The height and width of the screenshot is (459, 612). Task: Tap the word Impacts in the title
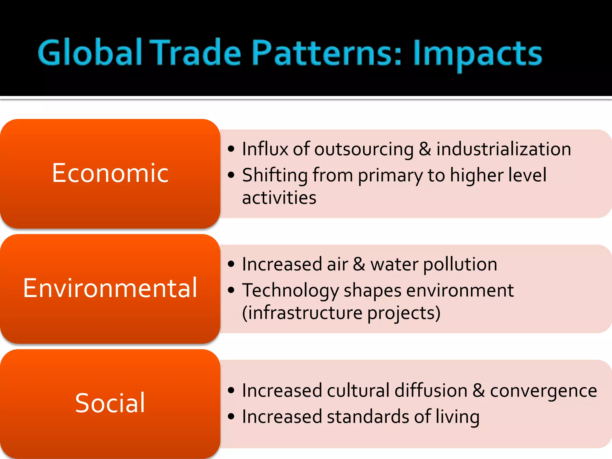[x=477, y=54]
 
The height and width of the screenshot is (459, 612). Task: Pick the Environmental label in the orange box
[x=110, y=288]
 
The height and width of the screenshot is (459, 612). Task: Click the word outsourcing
[x=364, y=149]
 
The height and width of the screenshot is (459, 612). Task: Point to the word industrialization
[x=504, y=149]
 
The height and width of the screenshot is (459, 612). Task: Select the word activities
[x=279, y=198]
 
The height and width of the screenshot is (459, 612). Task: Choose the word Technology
[x=290, y=291]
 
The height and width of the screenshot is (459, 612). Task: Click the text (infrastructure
[x=302, y=313]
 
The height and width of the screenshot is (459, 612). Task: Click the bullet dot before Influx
[x=231, y=149]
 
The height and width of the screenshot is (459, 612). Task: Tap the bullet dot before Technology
[x=231, y=290]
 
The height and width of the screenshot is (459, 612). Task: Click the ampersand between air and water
[x=359, y=264]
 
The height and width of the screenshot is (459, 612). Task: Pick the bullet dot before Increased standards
[x=231, y=416]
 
